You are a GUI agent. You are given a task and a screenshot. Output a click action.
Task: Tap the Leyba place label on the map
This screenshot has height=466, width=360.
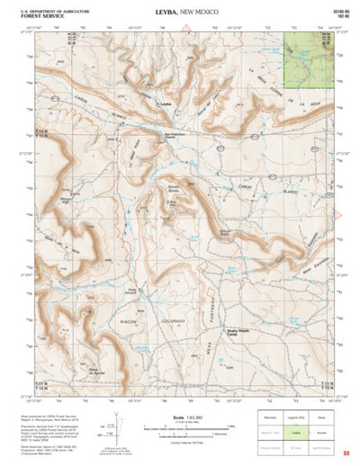click(165, 105)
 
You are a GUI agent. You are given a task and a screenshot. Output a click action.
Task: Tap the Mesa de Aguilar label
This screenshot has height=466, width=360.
click(99, 371)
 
